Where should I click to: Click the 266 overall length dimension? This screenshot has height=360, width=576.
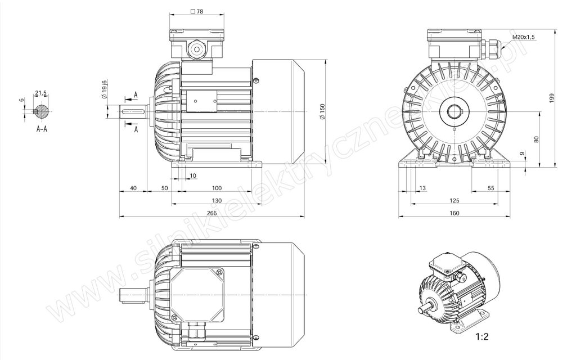211,213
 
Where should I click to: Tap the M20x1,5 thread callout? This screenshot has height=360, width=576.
524,38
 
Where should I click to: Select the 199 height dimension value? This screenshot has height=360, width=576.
551,98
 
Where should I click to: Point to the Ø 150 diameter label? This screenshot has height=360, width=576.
322,111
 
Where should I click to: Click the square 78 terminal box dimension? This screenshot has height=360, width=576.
197,11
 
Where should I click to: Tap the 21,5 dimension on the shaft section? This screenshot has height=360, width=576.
40,93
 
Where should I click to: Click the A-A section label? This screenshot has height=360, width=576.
42,129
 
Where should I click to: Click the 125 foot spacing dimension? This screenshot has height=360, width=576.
454,201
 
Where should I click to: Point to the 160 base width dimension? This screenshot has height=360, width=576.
454,213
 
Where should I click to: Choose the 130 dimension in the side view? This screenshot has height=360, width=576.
217,201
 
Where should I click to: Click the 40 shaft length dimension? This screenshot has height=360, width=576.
133,188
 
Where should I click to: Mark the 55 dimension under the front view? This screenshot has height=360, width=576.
490,188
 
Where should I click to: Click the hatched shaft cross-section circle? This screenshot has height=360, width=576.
42,111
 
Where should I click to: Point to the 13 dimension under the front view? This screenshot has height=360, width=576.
422,188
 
